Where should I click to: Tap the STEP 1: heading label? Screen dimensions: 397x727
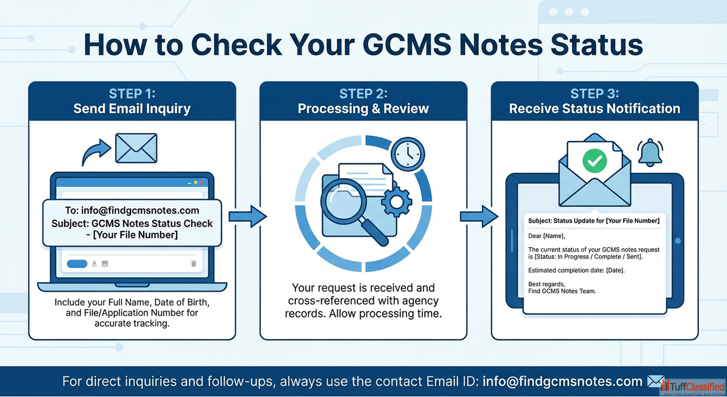(132, 94)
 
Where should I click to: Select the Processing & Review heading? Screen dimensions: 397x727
(363, 108)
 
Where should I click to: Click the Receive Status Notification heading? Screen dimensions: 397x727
(595, 108)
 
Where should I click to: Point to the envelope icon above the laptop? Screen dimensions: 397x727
(136, 148)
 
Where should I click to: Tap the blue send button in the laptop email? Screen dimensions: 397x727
(77, 264)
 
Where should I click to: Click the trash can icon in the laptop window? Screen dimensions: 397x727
(194, 264)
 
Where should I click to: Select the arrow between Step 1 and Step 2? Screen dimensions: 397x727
(247, 216)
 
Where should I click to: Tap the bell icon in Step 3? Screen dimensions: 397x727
(651, 152)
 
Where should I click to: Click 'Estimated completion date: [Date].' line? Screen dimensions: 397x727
(576, 270)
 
